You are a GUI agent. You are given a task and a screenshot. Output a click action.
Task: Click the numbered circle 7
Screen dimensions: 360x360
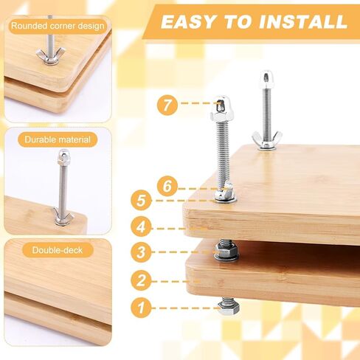[167, 105]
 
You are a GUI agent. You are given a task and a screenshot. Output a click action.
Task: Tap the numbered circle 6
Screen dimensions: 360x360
[167, 186]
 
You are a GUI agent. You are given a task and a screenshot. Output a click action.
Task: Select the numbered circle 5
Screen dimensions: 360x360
[141, 201]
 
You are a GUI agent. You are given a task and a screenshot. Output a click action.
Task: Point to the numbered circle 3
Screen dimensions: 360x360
[141, 252]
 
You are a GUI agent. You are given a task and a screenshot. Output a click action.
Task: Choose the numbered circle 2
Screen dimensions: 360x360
[141, 280]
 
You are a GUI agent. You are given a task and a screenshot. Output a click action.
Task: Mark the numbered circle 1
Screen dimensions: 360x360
[141, 308]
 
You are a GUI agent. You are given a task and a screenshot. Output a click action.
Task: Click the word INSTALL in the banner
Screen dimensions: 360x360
[303, 21]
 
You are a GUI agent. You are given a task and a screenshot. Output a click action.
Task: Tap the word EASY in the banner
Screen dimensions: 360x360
[187, 21]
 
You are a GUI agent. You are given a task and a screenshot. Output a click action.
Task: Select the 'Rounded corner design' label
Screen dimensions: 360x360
[58, 26]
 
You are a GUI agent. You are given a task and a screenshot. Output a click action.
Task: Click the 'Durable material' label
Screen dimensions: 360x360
[58, 139]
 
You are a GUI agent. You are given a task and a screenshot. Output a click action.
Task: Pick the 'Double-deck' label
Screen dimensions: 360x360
[58, 250]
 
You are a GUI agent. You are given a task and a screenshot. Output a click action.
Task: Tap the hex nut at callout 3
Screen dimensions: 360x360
[226, 250]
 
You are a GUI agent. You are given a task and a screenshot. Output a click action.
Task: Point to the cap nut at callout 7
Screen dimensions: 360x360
[221, 108]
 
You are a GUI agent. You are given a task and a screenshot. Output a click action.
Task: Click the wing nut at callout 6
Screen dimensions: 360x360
[224, 190]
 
